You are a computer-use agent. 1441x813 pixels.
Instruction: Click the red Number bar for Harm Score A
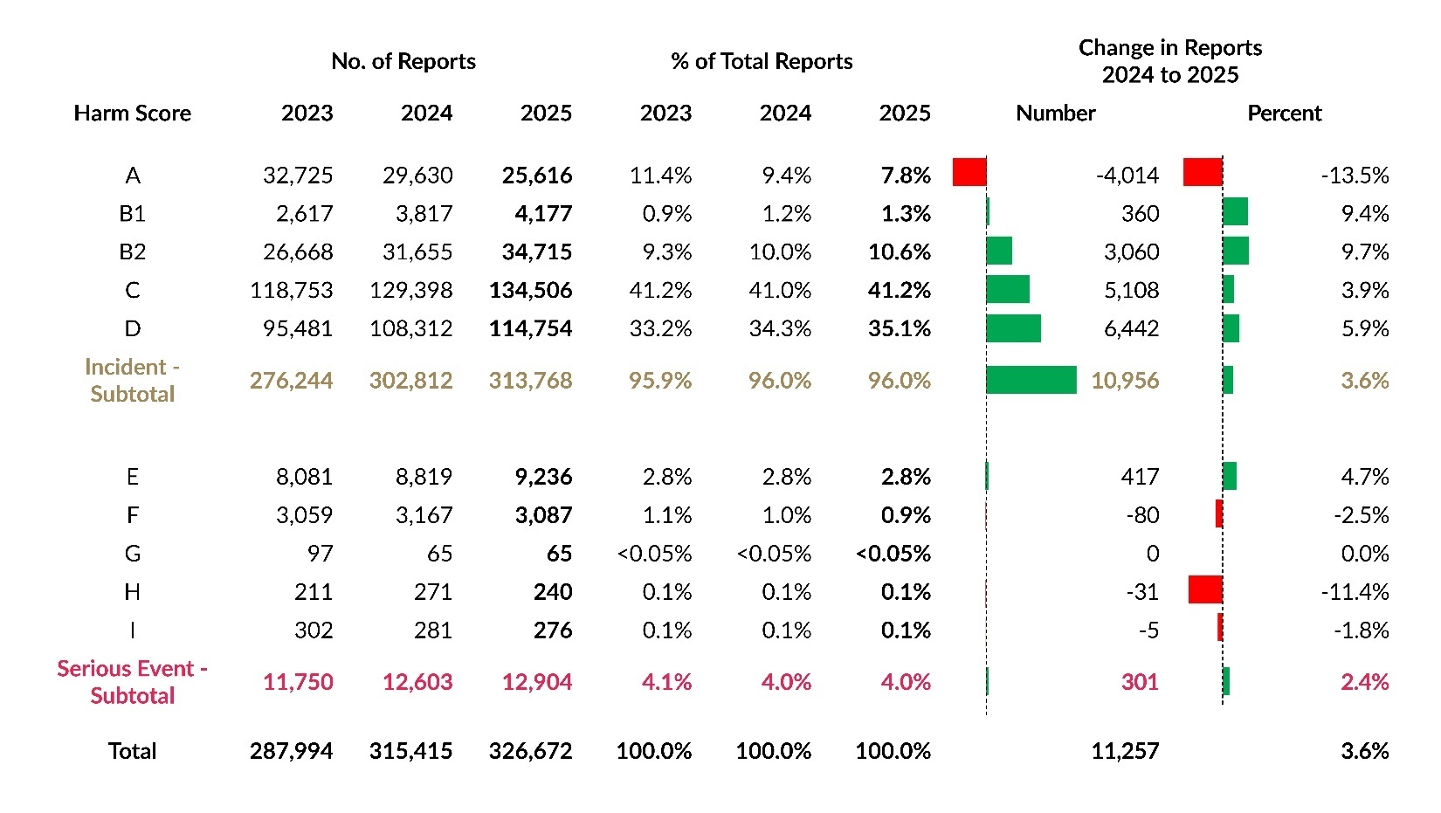[x=969, y=172]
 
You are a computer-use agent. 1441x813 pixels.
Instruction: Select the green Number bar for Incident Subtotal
[x=1031, y=380]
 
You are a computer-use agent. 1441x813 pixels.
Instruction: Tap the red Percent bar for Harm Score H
[x=1205, y=589]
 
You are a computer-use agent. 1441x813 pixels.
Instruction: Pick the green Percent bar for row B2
[x=1236, y=251]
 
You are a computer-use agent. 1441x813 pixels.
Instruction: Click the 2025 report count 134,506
[x=530, y=290]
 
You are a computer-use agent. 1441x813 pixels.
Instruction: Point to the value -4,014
[x=1127, y=176]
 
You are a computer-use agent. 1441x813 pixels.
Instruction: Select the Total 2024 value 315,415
[x=410, y=751]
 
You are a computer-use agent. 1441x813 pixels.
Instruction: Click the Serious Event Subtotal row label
[x=133, y=682]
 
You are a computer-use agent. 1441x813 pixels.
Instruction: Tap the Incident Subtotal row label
[x=133, y=380]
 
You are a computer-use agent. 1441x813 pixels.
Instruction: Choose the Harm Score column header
[x=133, y=114]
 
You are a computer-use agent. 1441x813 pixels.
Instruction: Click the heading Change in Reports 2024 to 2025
[x=1170, y=61]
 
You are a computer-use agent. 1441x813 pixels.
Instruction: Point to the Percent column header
[x=1284, y=114]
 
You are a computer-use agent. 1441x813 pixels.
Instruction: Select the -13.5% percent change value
[x=1355, y=176]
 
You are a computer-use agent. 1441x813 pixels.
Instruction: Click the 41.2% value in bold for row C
[x=900, y=290]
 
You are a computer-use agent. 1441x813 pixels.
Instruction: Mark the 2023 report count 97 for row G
[x=320, y=554]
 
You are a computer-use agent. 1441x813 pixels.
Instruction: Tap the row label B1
[x=133, y=214]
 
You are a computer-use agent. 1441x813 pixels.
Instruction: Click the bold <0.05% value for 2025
[x=893, y=554]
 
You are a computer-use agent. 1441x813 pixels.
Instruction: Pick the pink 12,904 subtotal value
[x=537, y=682]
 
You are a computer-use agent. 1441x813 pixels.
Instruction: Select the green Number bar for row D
[x=1013, y=328]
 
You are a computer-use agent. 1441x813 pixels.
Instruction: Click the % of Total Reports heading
[x=762, y=61]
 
